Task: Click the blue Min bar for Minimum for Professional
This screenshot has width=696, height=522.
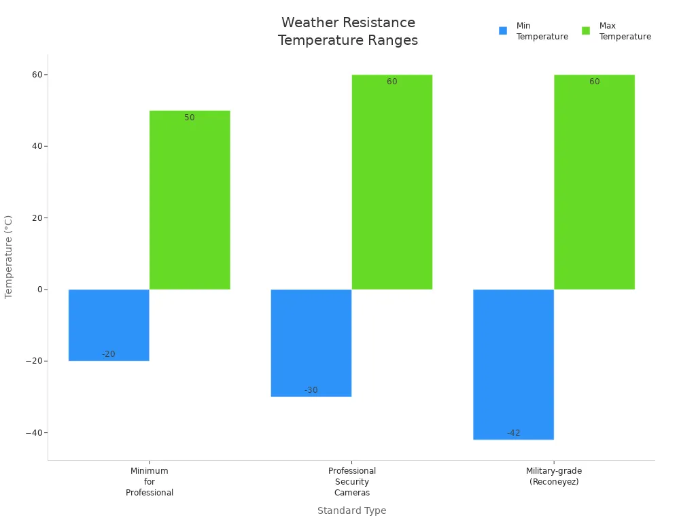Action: (x=109, y=325)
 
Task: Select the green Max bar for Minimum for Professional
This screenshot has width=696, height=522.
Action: (x=190, y=200)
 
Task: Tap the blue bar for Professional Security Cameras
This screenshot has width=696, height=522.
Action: (x=311, y=343)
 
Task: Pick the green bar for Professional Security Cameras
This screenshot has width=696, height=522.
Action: (x=392, y=182)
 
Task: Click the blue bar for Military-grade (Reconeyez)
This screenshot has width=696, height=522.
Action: (x=513, y=364)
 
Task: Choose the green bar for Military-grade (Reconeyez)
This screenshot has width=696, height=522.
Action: (x=594, y=182)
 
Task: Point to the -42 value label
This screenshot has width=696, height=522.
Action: (x=513, y=433)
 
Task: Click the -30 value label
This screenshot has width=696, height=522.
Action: (x=311, y=390)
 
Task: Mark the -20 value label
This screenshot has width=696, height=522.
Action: (x=109, y=354)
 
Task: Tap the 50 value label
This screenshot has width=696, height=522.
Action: (x=190, y=118)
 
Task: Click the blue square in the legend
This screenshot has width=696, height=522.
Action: (x=503, y=31)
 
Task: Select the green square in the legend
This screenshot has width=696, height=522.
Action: (x=586, y=31)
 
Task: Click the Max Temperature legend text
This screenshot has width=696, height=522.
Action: (x=625, y=31)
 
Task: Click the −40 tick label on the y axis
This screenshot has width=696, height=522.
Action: (x=34, y=433)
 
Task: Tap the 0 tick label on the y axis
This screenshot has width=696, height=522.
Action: (x=39, y=290)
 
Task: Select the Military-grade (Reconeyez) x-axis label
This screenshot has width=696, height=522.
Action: (x=554, y=476)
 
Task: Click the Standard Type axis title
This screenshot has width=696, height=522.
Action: (x=351, y=510)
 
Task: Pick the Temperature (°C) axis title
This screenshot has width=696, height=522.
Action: (x=9, y=257)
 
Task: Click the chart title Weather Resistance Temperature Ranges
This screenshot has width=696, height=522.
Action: (x=348, y=31)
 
